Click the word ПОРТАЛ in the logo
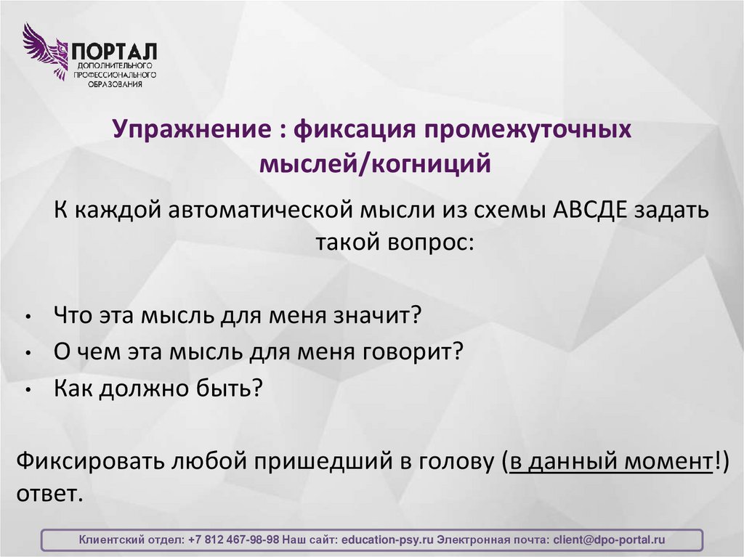click(113, 52)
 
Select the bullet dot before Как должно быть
click(27, 391)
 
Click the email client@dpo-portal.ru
click(609, 540)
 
